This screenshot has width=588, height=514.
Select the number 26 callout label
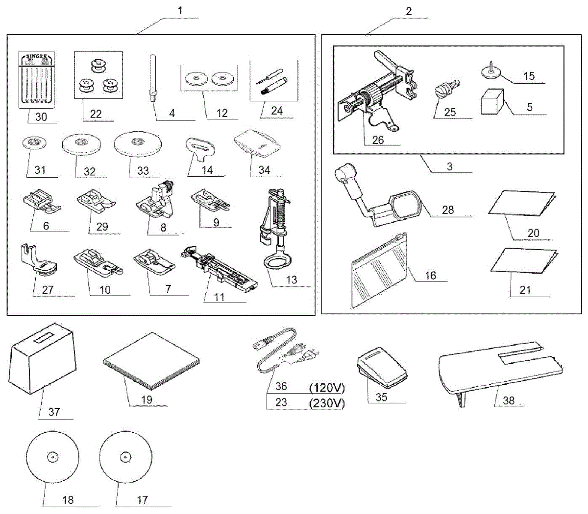coord(378,140)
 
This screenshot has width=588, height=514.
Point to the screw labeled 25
coord(445,91)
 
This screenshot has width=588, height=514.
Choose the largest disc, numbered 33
coord(138,143)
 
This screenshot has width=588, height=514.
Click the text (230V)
coord(327,403)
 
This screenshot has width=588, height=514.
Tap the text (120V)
coord(327,388)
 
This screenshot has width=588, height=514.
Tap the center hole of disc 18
coord(52,457)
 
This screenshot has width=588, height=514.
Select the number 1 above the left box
coord(180,10)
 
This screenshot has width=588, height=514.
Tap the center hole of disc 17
coord(126,457)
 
